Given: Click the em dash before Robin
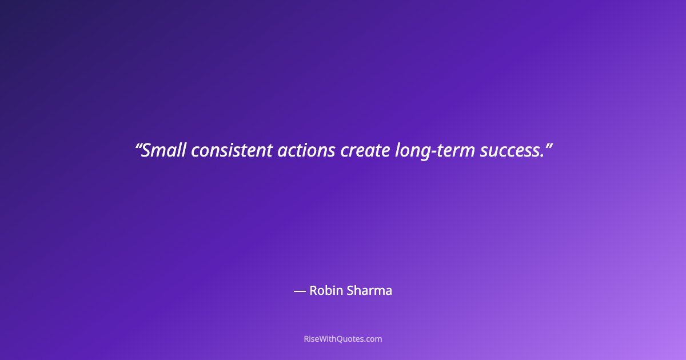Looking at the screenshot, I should click(300, 291).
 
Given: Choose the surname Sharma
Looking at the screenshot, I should click(369, 290).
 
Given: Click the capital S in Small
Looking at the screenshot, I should click(146, 150).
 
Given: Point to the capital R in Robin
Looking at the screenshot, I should click(313, 290).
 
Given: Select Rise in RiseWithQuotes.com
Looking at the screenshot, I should click(312, 339).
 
